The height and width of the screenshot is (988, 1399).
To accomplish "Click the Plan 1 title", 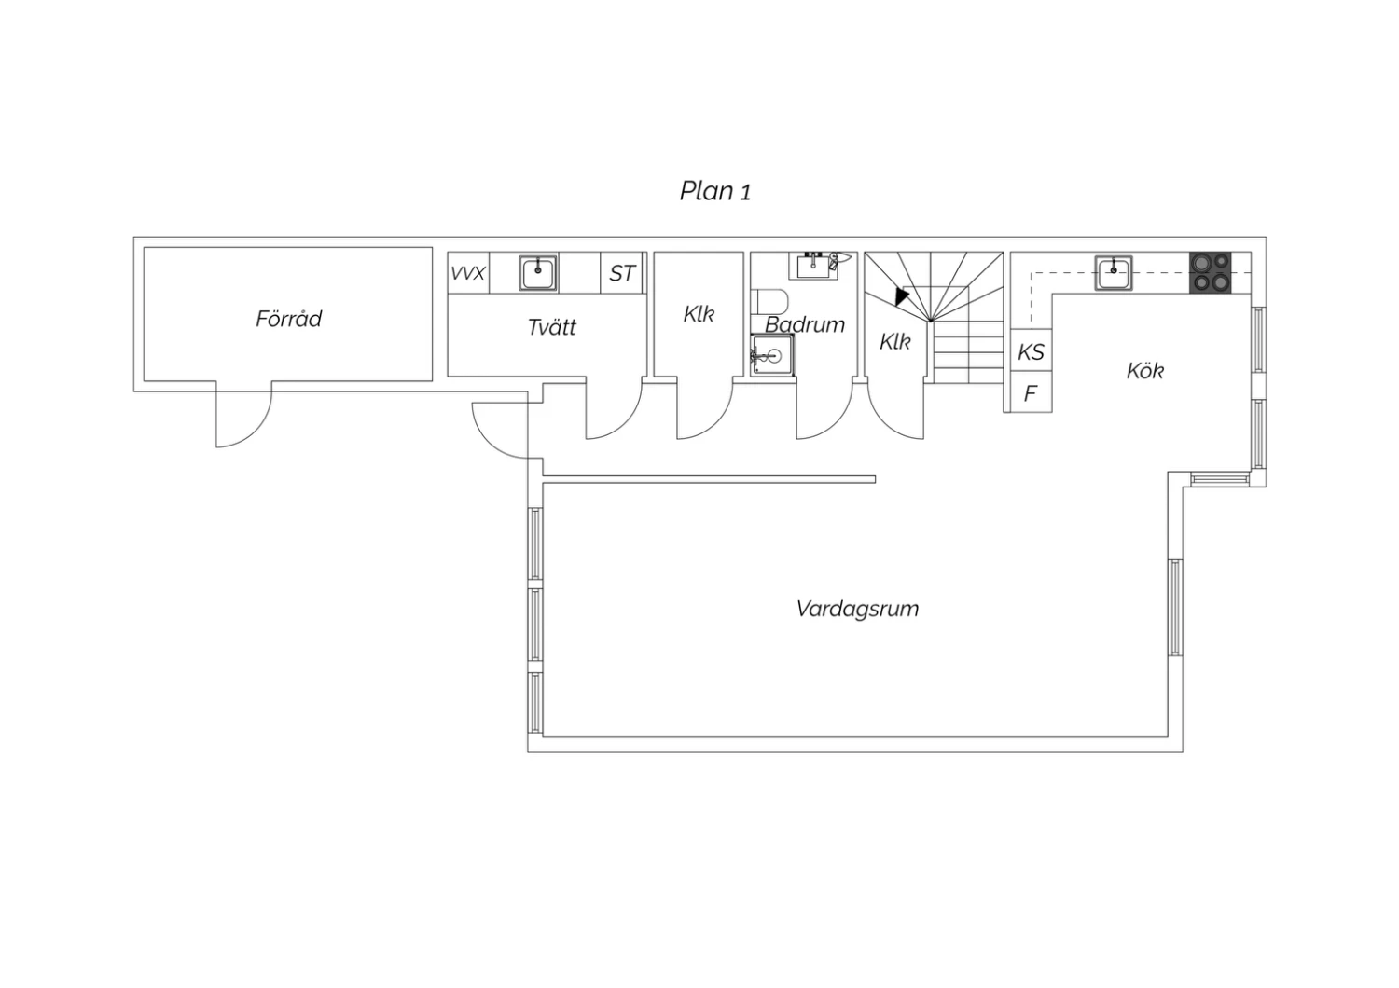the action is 715,191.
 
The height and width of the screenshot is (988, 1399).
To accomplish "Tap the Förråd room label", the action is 288,319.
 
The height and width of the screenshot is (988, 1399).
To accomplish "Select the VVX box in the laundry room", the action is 468,273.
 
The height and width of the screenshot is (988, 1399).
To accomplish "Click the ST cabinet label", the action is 622,273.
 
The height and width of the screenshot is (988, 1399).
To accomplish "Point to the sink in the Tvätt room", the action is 538,273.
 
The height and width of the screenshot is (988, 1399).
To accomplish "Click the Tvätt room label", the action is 552,327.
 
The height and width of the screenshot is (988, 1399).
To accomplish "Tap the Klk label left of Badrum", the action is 699,314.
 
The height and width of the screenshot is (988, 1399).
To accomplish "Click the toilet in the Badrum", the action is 769,301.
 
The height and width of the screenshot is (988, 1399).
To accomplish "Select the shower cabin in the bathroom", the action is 772,355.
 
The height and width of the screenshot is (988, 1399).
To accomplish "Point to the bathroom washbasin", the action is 818,266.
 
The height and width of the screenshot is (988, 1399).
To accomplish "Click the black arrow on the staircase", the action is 902,295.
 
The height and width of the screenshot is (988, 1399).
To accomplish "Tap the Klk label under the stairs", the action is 895,341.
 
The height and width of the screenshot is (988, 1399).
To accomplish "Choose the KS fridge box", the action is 1032,350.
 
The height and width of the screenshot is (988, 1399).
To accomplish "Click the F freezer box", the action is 1032,392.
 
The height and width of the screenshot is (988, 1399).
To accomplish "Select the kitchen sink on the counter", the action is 1113,273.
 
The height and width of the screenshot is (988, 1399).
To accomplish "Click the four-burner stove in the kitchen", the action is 1210,273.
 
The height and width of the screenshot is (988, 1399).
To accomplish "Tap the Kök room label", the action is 1144,371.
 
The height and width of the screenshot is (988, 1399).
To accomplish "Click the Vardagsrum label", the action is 857,609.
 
